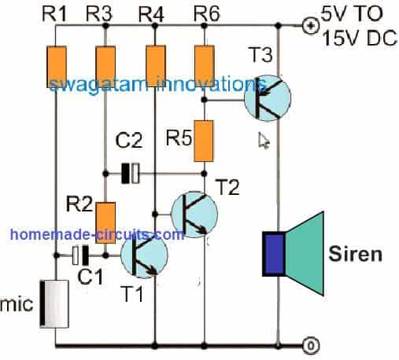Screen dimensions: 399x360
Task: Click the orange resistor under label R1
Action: click(x=57, y=67)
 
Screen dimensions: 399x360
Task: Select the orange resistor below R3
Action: click(x=105, y=67)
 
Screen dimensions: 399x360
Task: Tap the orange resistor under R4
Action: click(x=156, y=66)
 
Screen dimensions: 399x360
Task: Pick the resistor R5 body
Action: click(x=204, y=141)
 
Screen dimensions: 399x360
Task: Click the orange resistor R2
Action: click(x=105, y=222)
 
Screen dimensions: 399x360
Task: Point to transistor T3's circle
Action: click(x=268, y=98)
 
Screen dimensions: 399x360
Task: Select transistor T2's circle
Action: click(x=194, y=215)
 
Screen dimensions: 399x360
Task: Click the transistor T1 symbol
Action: click(x=144, y=255)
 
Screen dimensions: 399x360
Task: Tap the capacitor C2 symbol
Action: click(x=130, y=174)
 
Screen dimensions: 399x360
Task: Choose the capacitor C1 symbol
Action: click(x=80, y=255)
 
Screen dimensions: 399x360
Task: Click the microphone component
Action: click(x=54, y=304)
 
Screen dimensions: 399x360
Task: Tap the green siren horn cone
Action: click(x=305, y=253)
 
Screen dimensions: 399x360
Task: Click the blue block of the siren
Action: click(x=274, y=254)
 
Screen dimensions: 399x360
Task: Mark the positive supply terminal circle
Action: click(x=311, y=26)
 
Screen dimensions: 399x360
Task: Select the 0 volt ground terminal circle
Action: click(x=311, y=346)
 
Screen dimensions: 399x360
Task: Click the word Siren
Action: click(x=355, y=254)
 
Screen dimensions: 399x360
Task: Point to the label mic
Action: click(x=17, y=304)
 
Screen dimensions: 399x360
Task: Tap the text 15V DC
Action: click(x=360, y=39)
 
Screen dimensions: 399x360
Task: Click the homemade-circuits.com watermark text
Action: click(x=97, y=234)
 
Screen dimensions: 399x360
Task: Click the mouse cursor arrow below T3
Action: click(x=264, y=141)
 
